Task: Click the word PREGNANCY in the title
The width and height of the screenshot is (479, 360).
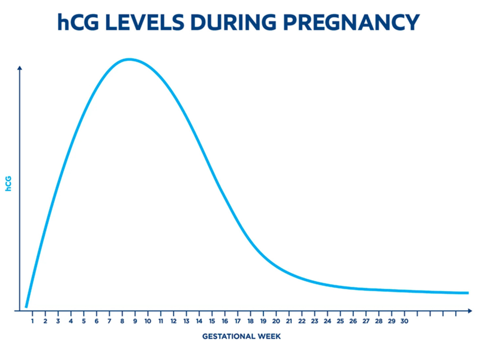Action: (351, 22)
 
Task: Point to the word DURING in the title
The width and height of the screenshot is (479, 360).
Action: (233, 22)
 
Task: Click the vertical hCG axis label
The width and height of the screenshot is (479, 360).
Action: (9, 183)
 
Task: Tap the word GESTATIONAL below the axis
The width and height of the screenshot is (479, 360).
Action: (229, 337)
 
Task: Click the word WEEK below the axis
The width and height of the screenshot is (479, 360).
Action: (269, 337)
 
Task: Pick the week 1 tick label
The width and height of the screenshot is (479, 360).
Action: (32, 321)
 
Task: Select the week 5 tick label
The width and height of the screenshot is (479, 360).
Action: (83, 321)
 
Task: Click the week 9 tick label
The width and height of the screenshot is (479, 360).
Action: (135, 321)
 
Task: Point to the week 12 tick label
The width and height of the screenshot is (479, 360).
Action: (173, 321)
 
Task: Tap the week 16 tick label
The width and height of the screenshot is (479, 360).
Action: (225, 321)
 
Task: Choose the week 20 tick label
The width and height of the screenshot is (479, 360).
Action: (276, 321)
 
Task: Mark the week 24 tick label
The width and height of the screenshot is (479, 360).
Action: (327, 321)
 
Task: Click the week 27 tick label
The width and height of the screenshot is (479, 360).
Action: (366, 321)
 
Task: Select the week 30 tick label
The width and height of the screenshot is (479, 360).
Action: (405, 321)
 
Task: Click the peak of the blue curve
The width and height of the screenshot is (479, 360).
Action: (130, 59)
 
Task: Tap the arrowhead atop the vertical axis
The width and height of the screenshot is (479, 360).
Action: (20, 68)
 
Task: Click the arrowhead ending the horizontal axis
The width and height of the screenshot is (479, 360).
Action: (469, 311)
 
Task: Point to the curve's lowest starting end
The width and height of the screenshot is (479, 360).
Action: (26, 306)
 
